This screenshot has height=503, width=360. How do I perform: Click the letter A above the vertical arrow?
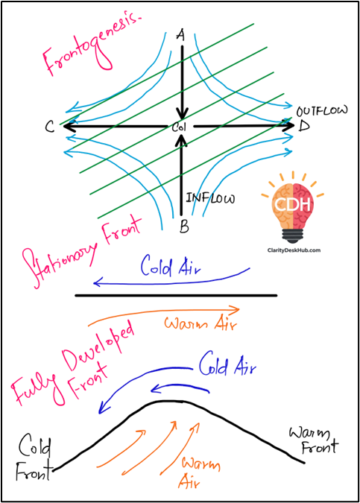181,35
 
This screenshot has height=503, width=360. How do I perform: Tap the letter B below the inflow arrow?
184,227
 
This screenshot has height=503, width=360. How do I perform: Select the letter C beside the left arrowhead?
50,127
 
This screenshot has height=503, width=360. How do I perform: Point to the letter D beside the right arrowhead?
304,125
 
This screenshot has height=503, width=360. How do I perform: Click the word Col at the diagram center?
179,127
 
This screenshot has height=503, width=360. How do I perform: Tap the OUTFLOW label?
322,111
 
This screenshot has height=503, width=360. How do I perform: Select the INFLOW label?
210,198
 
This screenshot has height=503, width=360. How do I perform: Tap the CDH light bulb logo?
293,208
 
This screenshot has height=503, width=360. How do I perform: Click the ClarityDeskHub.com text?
294,250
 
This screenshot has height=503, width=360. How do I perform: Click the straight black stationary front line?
176,295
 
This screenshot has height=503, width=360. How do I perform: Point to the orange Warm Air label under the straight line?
200,323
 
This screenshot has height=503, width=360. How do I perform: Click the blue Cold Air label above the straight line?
171,266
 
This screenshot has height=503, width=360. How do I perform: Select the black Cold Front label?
34,457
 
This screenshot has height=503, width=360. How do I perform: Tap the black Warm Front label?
314,440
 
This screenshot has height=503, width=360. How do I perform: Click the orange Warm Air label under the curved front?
200,473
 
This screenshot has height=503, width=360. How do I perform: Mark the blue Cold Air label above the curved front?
227,364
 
